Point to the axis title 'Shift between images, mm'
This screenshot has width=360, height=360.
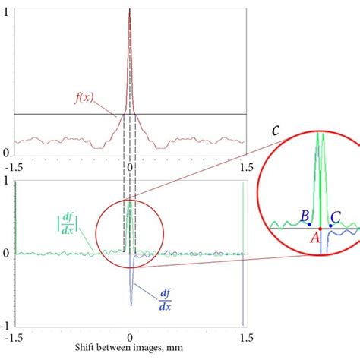pos(128,352)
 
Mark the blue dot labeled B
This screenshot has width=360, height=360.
pos(309,225)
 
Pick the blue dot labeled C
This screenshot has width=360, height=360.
pos(330,226)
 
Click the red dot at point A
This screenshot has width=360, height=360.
pos(320,229)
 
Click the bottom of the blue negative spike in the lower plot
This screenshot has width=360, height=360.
pos(131,305)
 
